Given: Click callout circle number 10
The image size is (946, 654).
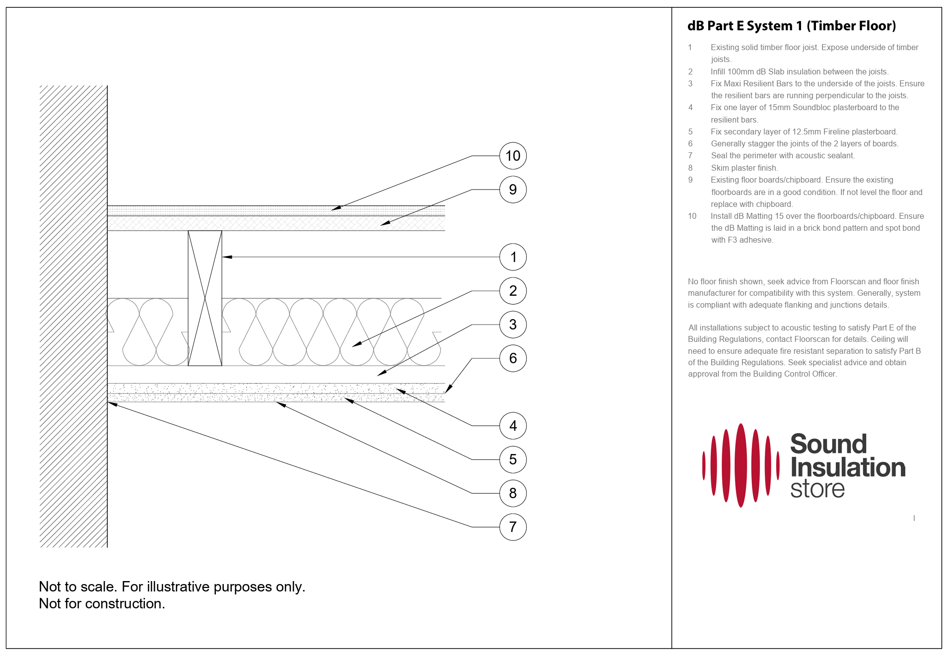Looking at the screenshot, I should [513, 156].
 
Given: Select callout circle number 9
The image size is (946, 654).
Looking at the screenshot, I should [513, 190].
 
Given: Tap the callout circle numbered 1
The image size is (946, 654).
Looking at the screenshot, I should [513, 257].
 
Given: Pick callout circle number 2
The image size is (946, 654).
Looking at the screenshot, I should [513, 291].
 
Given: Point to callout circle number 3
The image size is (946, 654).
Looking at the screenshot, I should [513, 325].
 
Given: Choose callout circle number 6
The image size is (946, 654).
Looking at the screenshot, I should [513, 358].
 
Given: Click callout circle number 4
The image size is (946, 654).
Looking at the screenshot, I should [513, 426].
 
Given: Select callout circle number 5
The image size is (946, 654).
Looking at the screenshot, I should [513, 459].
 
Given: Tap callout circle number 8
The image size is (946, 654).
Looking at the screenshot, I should [513, 493].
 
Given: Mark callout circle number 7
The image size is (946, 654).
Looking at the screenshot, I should [513, 527].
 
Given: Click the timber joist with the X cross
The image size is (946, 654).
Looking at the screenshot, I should [204, 298].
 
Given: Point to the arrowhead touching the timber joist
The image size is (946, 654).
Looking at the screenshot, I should [227, 257].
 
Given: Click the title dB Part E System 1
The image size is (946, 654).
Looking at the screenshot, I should [791, 26].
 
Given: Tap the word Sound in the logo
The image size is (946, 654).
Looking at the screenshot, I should [828, 444].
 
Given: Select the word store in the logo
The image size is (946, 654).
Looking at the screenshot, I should [817, 489].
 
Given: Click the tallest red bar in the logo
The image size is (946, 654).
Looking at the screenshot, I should [741, 465].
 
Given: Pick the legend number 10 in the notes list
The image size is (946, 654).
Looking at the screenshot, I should [692, 216].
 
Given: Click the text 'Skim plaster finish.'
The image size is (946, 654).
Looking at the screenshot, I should [744, 168].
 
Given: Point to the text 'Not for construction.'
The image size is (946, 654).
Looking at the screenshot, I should [102, 603].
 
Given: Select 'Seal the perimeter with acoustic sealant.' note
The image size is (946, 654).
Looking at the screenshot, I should [782, 156].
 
